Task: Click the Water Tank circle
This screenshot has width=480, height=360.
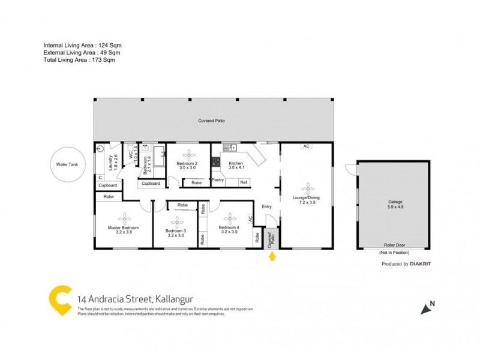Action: tap(68, 164)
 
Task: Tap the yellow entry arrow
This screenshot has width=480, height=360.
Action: tap(272, 257)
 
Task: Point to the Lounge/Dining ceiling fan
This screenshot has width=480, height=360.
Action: tap(307, 187)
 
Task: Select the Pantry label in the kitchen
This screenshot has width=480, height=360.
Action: tap(218, 179)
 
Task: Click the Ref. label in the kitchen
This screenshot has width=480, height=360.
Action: tap(244, 182)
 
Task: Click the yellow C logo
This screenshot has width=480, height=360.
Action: tap(60, 301)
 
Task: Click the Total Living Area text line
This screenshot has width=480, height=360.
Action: tap(79, 59)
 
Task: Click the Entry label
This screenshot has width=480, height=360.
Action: tap(267, 207)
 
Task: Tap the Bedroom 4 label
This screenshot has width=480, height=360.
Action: tap(229, 228)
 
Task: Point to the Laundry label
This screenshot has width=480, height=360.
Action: tap(110, 163)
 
